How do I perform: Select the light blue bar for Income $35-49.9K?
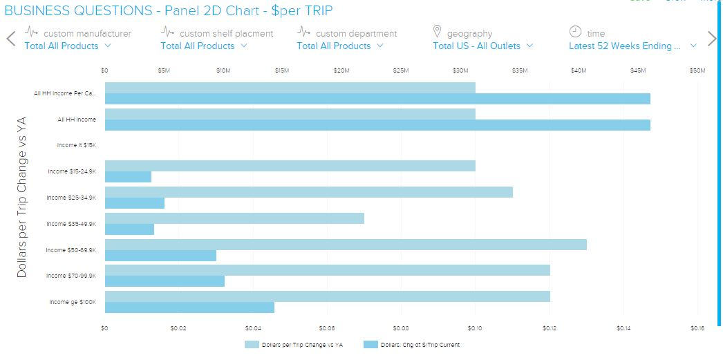tap(234, 218)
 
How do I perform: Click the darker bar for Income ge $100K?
tap(189, 307)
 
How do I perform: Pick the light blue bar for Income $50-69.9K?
tap(346, 245)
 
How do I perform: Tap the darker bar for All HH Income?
tap(377, 125)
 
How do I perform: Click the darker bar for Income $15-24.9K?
tap(128, 177)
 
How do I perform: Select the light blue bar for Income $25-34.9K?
tap(309, 192)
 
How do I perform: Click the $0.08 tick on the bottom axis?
tap(401, 328)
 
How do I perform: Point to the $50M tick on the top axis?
tap(697, 70)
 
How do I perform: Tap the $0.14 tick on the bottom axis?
tap(623, 328)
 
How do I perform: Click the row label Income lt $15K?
tap(77, 145)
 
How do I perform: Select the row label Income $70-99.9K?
tap(72, 276)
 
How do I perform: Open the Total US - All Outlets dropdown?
tap(483, 46)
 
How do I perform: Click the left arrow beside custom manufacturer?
tap(10, 38)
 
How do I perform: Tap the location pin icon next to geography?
tap(437, 32)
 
